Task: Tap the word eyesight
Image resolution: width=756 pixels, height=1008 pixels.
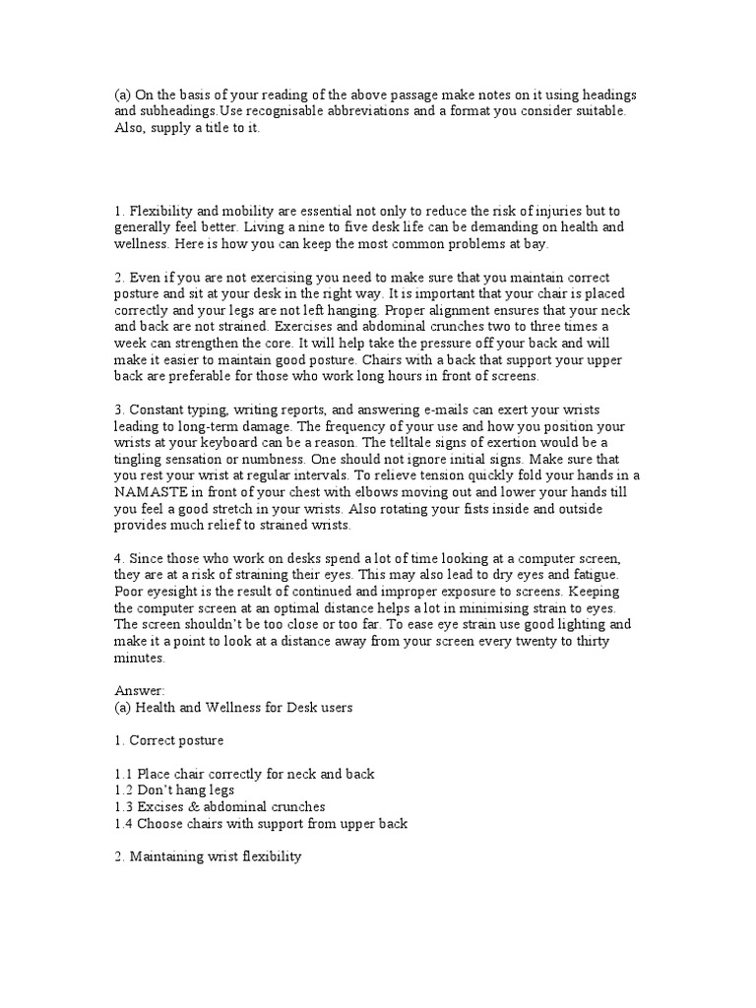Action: click(x=177, y=591)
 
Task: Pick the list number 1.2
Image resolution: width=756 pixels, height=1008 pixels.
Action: click(x=124, y=790)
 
